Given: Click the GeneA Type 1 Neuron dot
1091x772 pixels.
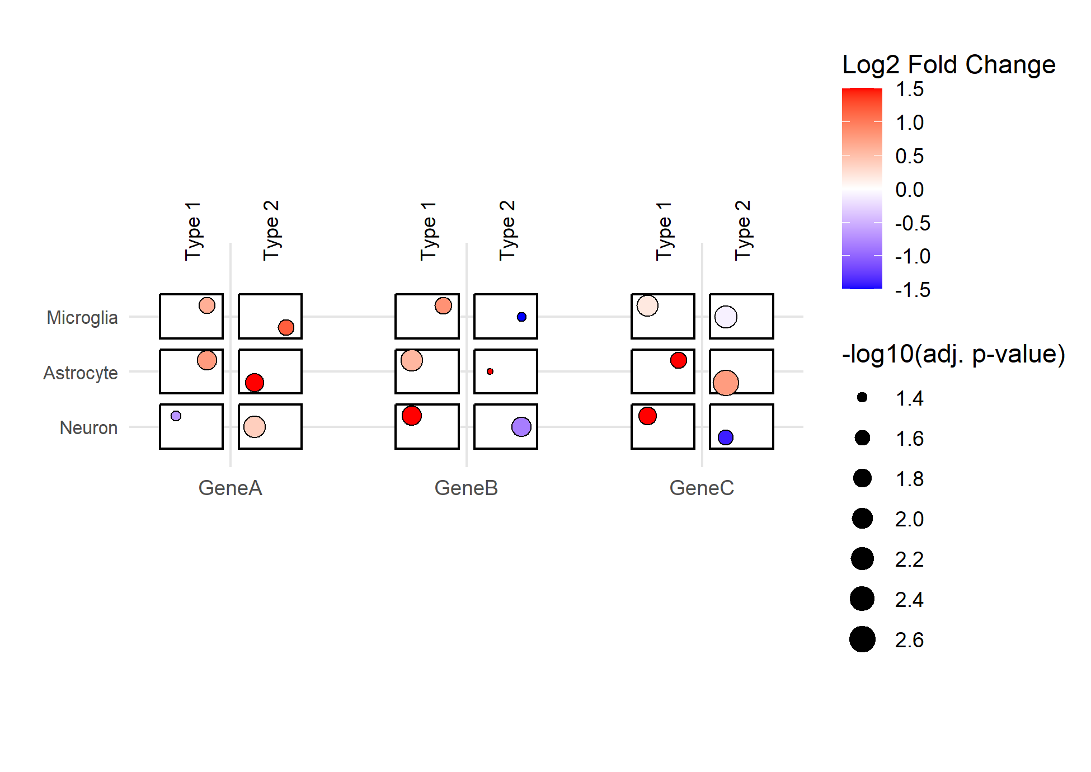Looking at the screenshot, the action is pyautogui.click(x=176, y=416).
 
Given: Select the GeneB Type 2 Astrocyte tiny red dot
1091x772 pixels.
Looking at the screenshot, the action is pyautogui.click(x=490, y=371).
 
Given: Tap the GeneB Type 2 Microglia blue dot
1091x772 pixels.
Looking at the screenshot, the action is pyautogui.click(x=521, y=317).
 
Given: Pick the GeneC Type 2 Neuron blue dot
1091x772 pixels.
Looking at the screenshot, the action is pyautogui.click(x=726, y=437).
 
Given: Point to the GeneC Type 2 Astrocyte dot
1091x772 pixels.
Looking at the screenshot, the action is pyautogui.click(x=726, y=383).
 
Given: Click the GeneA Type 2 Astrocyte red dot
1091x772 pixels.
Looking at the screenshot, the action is pyautogui.click(x=255, y=383).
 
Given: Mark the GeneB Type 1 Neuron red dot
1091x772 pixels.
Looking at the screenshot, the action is pyautogui.click(x=412, y=416).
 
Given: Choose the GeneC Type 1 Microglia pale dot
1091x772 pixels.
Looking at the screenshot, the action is pyautogui.click(x=647, y=305).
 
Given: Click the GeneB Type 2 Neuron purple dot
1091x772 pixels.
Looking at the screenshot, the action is pyautogui.click(x=521, y=427).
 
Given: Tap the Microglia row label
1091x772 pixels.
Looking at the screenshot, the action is pyautogui.click(x=82, y=317).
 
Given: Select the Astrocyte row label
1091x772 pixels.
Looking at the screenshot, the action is pyautogui.click(x=81, y=373).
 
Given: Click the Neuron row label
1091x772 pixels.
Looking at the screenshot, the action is pyautogui.click(x=88, y=427).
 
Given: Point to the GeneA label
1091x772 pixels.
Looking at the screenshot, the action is pyautogui.click(x=231, y=488).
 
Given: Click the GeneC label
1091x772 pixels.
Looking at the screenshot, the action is pyautogui.click(x=702, y=488).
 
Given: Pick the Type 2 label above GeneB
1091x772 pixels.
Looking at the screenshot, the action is pyautogui.click(x=507, y=230).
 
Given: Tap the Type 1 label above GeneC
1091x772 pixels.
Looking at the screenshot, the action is pyautogui.click(x=664, y=232).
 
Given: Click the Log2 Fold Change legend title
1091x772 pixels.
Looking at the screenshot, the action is pyautogui.click(x=949, y=65).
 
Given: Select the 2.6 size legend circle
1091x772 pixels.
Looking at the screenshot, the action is pyautogui.click(x=862, y=639).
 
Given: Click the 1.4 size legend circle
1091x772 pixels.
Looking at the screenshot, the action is pyautogui.click(x=862, y=397).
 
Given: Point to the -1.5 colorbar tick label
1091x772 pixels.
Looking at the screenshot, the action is pyautogui.click(x=913, y=290).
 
